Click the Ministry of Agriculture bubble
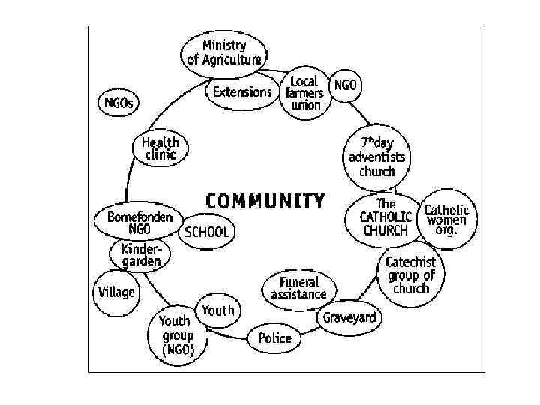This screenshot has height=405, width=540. [x=224, y=51]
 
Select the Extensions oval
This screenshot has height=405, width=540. [x=242, y=93]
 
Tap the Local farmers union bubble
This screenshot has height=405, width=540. [x=304, y=93]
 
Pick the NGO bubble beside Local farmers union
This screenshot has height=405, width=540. [x=346, y=85]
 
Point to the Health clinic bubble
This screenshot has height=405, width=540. [x=160, y=148]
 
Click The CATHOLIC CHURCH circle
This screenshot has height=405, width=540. [x=385, y=217]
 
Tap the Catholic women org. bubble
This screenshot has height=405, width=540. [x=445, y=220]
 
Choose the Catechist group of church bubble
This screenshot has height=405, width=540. [x=410, y=275]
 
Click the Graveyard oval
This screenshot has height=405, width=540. [x=349, y=317]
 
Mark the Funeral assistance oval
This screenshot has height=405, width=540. [x=299, y=288]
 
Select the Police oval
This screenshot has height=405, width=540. [x=274, y=338]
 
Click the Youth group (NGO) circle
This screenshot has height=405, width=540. [x=177, y=335]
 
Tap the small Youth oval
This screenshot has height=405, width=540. [x=218, y=310]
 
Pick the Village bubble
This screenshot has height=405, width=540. [x=116, y=292]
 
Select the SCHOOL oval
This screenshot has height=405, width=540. [x=207, y=232]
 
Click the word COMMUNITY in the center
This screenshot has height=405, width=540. [x=265, y=201]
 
